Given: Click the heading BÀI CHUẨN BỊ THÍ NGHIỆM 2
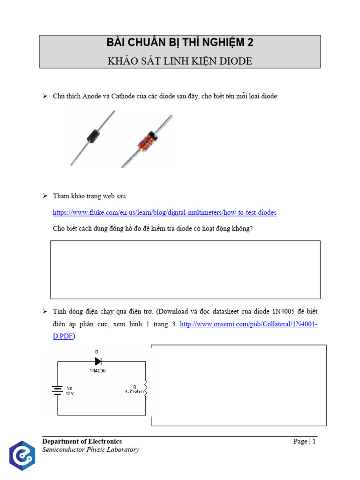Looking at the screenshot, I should (180, 43).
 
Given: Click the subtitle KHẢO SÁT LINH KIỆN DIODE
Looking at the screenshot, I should (180, 61).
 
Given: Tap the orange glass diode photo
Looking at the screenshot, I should (146, 141).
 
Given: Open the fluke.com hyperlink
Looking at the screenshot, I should (165, 212).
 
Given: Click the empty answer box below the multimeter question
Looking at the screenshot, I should (185, 270).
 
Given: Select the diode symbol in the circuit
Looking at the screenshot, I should (98, 361).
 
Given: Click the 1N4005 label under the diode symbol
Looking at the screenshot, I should (98, 370).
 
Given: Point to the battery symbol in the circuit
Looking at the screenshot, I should (57, 390).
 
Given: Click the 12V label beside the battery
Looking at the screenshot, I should (69, 394).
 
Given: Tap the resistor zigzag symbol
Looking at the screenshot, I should (145, 388).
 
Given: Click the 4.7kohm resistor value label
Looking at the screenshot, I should (134, 391).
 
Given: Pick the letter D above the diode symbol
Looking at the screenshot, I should (97, 352).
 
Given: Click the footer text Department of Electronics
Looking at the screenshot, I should (82, 442).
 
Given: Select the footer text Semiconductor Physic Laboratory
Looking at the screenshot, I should (90, 450).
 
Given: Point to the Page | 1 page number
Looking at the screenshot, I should (305, 442).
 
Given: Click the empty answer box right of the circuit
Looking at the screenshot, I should (239, 385).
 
